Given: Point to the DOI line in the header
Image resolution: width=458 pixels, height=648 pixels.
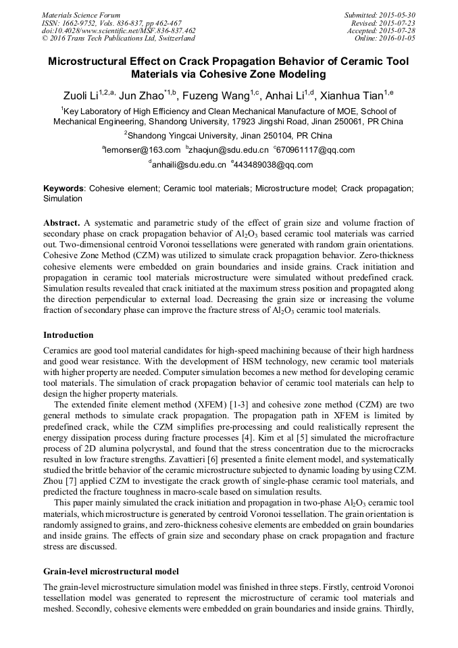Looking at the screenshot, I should tap(119, 31).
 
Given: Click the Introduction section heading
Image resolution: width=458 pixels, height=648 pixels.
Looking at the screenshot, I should tap(68, 335).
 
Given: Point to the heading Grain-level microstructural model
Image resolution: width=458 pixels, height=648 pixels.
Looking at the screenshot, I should tap(111, 572).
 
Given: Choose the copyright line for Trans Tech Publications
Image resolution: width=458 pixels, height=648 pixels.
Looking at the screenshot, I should tap(118, 39).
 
